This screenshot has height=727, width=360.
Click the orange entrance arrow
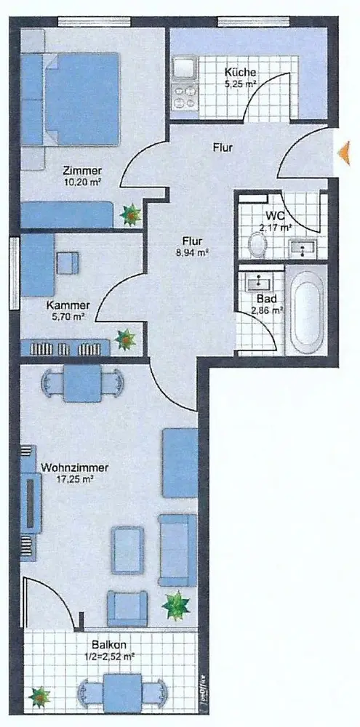tap(344, 153)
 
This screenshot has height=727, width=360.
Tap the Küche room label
tap(240, 72)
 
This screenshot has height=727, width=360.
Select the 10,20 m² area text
tap(84, 182)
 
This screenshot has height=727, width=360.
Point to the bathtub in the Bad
tap(306, 312)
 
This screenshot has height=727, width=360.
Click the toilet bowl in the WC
tap(257, 245)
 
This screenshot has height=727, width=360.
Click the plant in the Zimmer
tap(131, 214)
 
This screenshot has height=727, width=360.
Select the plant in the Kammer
tap(125, 339)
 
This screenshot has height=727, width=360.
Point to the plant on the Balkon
tap(39, 696)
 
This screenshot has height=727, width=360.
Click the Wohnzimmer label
tap(75, 467)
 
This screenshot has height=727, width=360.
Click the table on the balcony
tap(122, 692)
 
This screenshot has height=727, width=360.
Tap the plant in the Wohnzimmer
tap(176, 605)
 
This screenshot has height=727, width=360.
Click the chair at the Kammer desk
tap(68, 262)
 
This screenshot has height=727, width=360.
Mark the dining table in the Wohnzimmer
tap(83, 383)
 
